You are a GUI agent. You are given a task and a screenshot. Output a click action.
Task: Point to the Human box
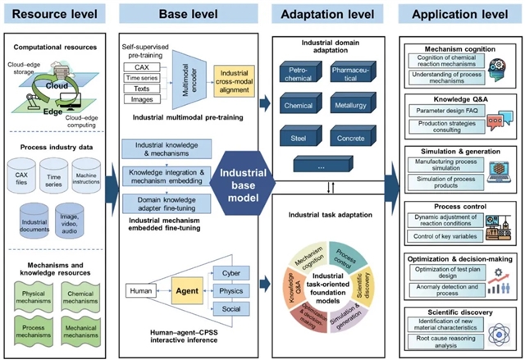[137, 289]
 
